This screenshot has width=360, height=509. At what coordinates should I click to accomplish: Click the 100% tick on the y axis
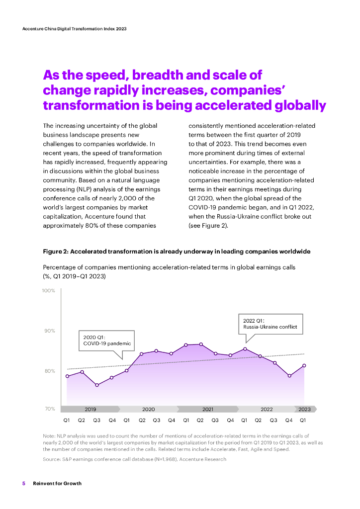coord(49,290)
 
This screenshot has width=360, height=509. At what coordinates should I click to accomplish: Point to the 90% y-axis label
coord(49,331)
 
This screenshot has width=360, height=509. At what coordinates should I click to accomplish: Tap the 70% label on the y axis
coord(49,409)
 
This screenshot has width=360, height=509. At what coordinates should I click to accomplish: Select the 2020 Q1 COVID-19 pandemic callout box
coord(107,340)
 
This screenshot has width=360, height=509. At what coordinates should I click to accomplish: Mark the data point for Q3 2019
coord(97,385)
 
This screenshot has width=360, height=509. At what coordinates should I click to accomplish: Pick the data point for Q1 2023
coord(304,366)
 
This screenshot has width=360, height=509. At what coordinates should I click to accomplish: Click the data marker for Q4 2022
coord(289,376)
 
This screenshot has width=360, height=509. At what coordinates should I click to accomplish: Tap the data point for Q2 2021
coord(201,344)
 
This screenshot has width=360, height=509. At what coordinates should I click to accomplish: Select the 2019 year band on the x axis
coord(90,409)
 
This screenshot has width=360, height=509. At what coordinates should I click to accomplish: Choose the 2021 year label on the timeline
coord(208,409)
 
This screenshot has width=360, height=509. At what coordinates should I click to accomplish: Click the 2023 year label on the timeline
coord(304,409)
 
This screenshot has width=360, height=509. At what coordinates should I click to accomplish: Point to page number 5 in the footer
coord(23,484)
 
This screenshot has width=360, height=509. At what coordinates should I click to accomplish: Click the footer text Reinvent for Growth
coord(57,484)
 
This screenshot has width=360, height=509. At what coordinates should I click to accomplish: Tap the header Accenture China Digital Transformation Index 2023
coord(75,29)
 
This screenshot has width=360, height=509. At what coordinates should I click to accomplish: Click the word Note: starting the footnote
coord(49,435)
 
